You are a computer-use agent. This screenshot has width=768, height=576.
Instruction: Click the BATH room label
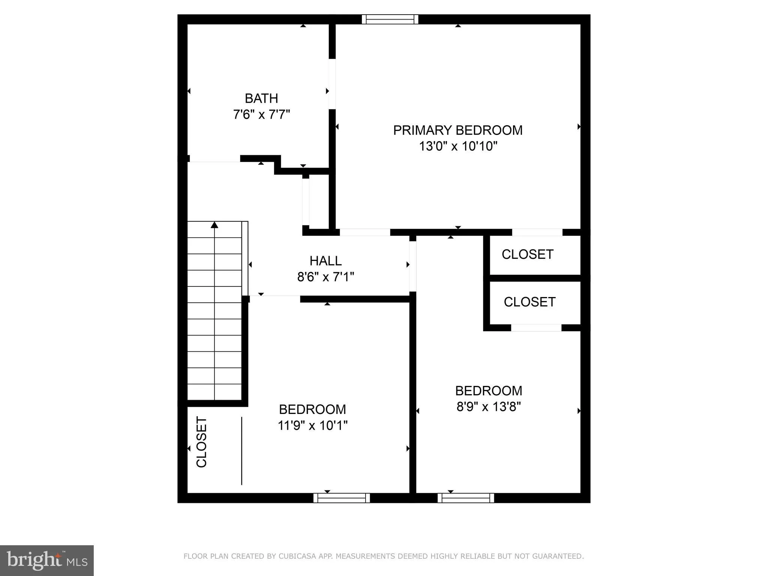coord(261,99)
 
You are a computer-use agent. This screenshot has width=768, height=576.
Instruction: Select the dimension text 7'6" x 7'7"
coord(261,114)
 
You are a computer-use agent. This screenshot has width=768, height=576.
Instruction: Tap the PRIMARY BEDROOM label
coord(457,130)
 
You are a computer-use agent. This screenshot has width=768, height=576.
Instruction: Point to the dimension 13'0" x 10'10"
coord(457,146)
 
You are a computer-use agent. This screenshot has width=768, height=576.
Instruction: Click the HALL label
coord(325,261)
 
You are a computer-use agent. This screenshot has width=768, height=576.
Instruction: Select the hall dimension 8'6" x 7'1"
coord(325,277)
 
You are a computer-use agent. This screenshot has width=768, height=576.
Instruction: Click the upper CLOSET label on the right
coord(527,255)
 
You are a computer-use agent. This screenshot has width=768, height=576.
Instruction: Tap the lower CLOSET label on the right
coord(529,302)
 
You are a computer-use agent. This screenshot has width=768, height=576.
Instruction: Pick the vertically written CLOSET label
coord(202,442)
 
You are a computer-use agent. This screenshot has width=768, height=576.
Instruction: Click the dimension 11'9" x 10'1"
coord(312,426)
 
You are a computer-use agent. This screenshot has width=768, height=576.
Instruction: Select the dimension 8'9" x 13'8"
coord(489,407)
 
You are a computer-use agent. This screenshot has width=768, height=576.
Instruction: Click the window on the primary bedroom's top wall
coord(390,19)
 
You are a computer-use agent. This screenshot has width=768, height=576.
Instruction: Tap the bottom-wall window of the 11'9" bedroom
coord(342,498)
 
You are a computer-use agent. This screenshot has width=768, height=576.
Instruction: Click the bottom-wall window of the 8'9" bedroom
coord(466,498)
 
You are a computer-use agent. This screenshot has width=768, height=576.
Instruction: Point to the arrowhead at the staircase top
coord(214,225)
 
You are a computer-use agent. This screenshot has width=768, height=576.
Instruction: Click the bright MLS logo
coord(47,561)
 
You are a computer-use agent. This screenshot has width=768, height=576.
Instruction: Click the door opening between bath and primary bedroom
coord(332,84)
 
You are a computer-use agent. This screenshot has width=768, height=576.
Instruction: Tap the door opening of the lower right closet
coord(536,328)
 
